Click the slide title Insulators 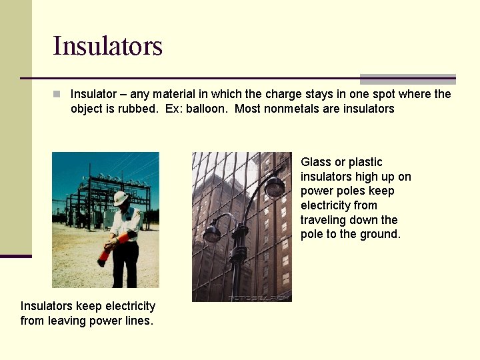[107, 46]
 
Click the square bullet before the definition [57, 94]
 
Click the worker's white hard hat [120, 198]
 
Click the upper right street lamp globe [274, 187]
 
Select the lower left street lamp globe [212, 233]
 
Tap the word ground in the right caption [381, 234]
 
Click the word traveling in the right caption [324, 220]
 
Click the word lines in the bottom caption [140, 321]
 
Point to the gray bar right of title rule [407, 79]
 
